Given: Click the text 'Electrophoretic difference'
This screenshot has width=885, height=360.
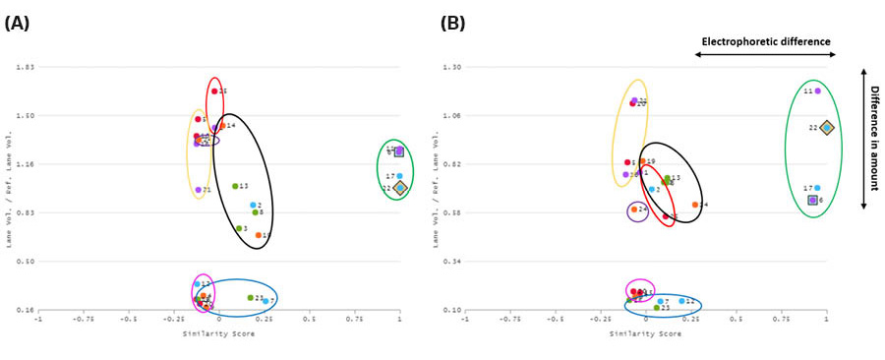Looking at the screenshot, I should click(766, 41).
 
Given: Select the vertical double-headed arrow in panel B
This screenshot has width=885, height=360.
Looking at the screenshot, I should click(862, 138).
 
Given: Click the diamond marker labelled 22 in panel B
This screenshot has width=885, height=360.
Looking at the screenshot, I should click(827, 127).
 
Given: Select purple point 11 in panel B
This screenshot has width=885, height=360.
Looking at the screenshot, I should click(817, 90).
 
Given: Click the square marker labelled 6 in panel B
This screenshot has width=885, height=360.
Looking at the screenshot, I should click(813, 200).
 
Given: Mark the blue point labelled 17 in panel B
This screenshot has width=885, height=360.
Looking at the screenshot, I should click(817, 188).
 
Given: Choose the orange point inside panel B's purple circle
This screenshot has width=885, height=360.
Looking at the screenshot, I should click(634, 209).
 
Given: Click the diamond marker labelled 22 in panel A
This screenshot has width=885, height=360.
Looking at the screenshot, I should click(399, 188).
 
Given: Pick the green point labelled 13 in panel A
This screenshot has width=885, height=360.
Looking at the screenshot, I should click(235, 186).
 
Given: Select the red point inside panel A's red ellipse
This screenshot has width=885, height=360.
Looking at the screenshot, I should click(213, 91).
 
